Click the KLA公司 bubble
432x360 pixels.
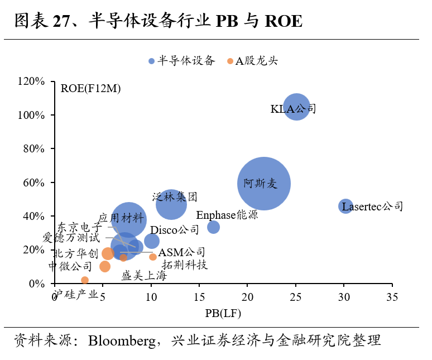(x=296, y=107)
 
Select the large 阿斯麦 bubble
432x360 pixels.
(x=263, y=184)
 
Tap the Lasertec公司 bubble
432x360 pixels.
(x=346, y=206)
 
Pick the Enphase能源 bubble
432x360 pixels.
(x=213, y=227)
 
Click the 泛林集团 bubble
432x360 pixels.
(x=171, y=205)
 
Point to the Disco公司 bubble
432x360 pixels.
(x=151, y=241)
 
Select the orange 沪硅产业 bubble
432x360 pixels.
(x=85, y=280)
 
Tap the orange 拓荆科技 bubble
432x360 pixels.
(x=153, y=257)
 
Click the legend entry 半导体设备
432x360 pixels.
(x=181, y=61)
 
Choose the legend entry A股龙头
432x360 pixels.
(x=253, y=61)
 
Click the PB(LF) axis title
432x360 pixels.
(x=223, y=314)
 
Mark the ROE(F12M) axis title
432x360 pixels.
(x=91, y=88)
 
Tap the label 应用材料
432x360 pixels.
(x=121, y=218)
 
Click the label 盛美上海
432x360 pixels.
(x=144, y=276)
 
